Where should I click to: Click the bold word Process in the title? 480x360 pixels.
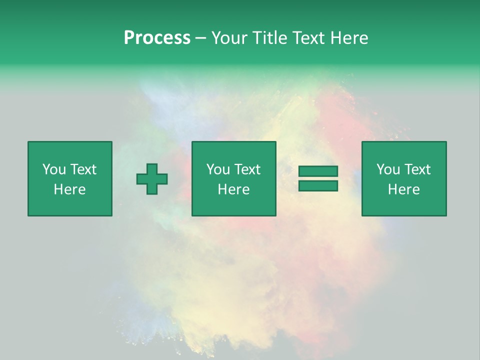tap(157, 38)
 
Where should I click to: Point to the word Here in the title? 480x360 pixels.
tap(349, 38)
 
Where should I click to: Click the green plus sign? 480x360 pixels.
tap(152, 179)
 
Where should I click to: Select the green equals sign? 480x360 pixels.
tap(318, 178)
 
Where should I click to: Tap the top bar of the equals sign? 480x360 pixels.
tap(318, 171)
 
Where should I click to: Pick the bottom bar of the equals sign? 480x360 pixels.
tap(318, 185)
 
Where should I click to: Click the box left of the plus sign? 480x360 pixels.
tap(70, 178)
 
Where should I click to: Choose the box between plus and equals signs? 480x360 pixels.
tap(233, 178)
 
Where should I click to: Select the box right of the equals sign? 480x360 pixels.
tap(404, 178)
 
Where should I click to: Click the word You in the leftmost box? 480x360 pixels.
tap(53, 169)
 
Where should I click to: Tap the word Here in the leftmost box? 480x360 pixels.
tap(69, 189)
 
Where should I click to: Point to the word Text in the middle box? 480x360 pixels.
tap(246, 169)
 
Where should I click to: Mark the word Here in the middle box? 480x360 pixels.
tap(233, 189)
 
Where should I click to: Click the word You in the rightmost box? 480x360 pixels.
tap(388, 169)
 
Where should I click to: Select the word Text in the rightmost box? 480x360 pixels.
tap(416, 169)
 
